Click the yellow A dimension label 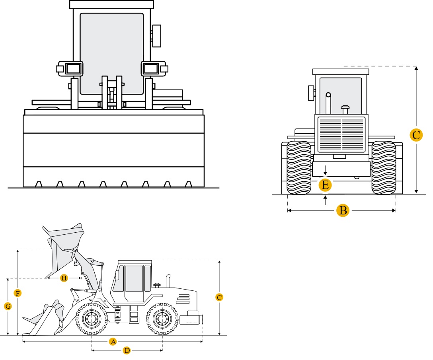[x=113, y=342]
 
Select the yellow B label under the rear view [x=343, y=210]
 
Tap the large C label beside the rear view [x=416, y=135]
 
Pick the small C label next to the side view [x=219, y=297]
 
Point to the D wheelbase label [x=127, y=350]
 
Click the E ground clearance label [x=325, y=185]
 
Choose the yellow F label [x=18, y=293]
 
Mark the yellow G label [x=8, y=306]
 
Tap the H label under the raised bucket [x=64, y=278]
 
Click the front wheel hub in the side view [x=92, y=319]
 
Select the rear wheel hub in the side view [x=162, y=319]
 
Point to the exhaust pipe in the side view [x=168, y=281]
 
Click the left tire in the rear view [x=299, y=167]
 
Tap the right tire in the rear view [x=384, y=167]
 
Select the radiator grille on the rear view [x=341, y=135]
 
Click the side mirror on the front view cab [x=156, y=36]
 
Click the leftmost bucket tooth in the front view [x=39, y=184]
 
